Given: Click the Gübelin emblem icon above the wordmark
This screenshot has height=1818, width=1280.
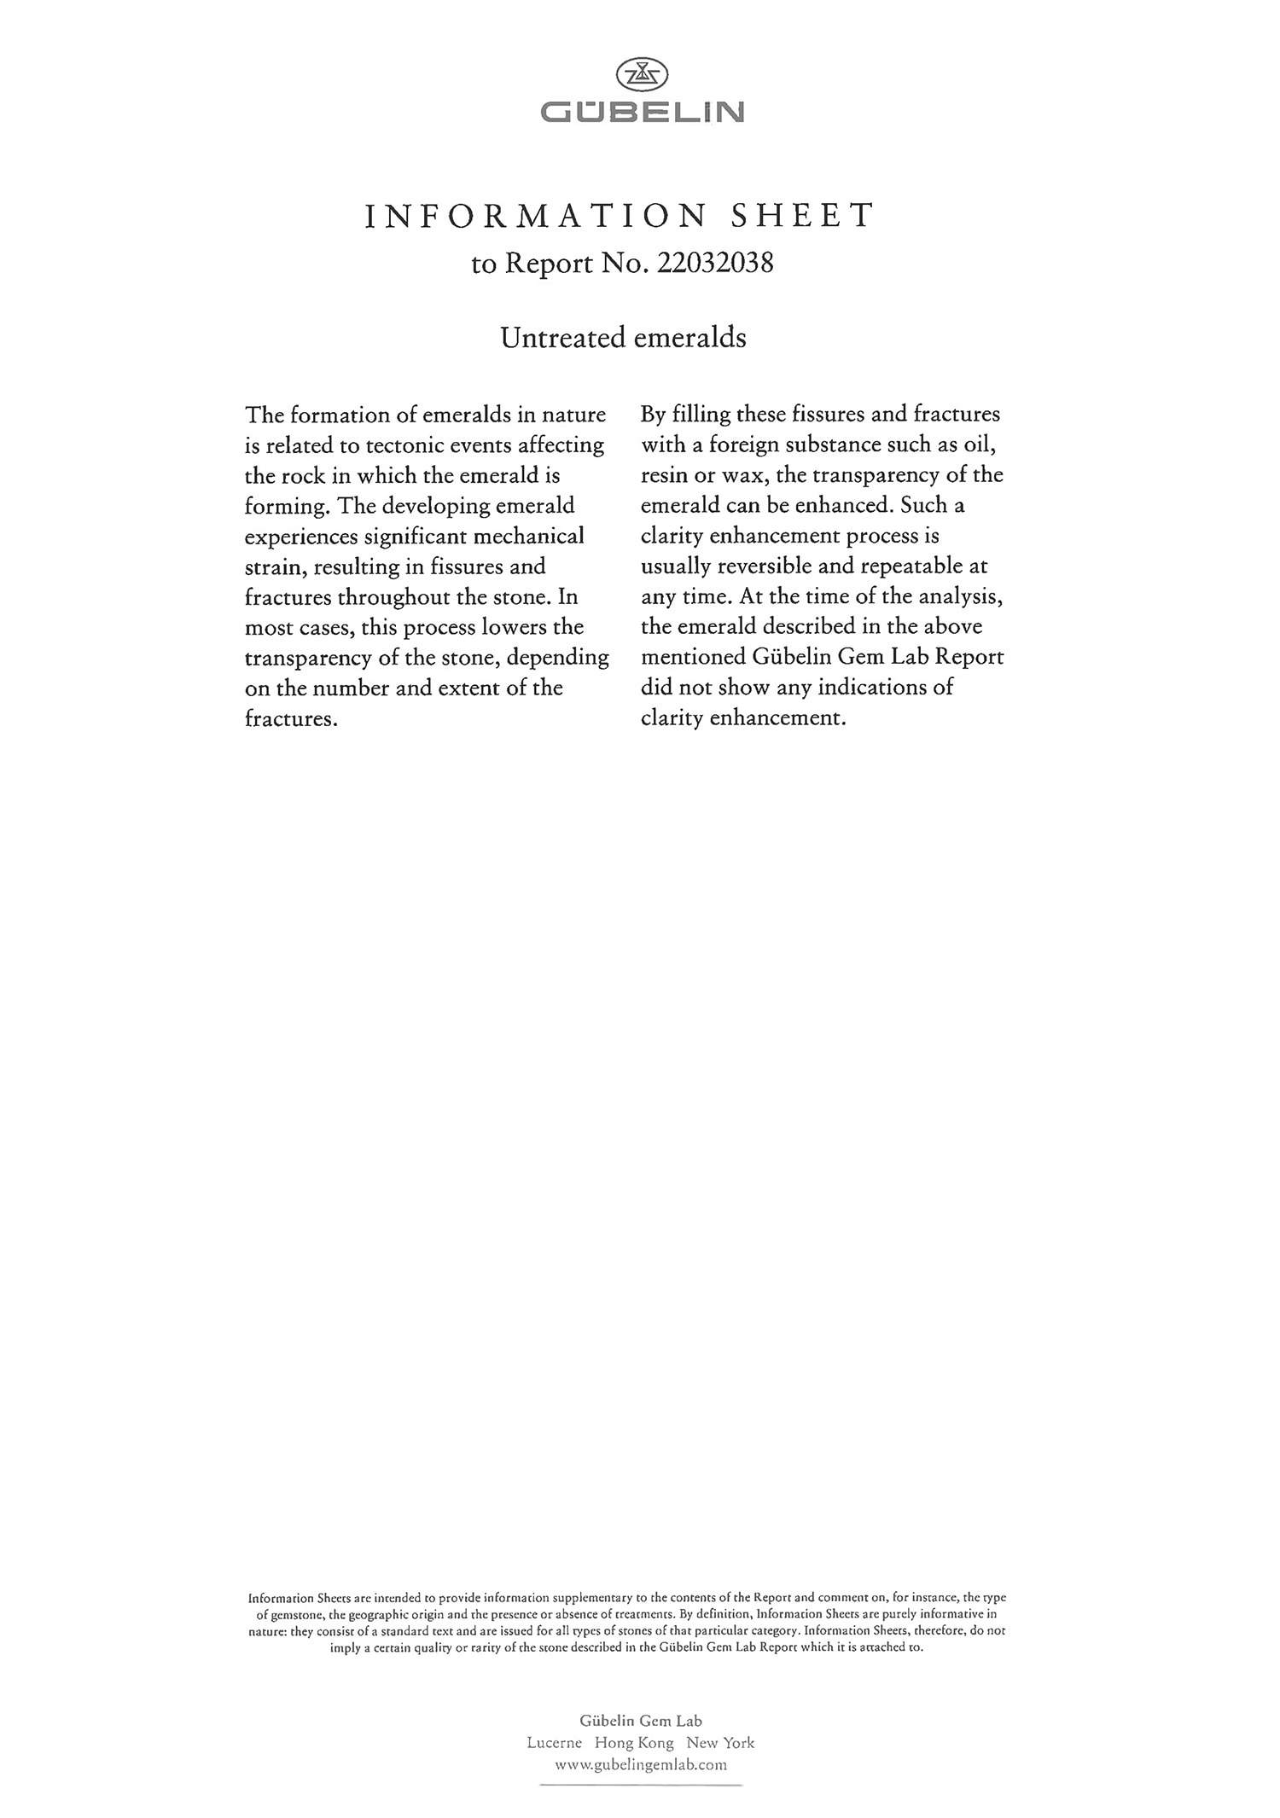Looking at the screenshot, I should pos(642,75).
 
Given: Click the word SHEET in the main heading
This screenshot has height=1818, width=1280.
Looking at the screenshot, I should pos(803,216).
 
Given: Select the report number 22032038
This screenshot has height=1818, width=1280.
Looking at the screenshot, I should pos(716,263).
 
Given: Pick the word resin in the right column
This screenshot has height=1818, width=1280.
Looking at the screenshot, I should pos(665,475).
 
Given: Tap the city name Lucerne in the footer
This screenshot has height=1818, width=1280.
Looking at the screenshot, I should pos(555,1743).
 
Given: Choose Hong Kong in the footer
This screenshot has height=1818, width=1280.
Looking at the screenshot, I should pos(634,1743).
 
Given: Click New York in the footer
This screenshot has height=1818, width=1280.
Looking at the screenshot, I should pos(721,1743).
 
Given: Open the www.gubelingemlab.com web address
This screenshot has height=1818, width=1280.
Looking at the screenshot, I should pos(641,1764).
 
